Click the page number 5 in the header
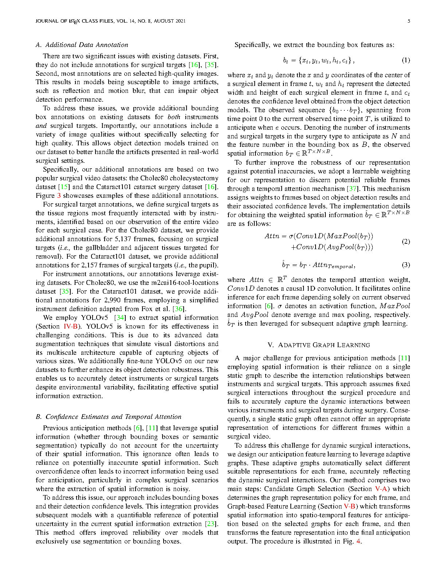tap(408, 21)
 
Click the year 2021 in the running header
tap(180, 21)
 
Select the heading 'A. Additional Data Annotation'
tap(82, 45)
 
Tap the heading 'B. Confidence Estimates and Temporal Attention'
tap(109, 417)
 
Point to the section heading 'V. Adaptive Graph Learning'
tap(318, 345)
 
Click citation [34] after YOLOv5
tap(120, 318)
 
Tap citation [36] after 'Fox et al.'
tap(179, 309)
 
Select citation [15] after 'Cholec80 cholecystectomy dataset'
tap(64, 187)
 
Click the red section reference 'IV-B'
tap(70, 326)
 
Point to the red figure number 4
tap(359, 541)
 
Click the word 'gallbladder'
tap(102, 248)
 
